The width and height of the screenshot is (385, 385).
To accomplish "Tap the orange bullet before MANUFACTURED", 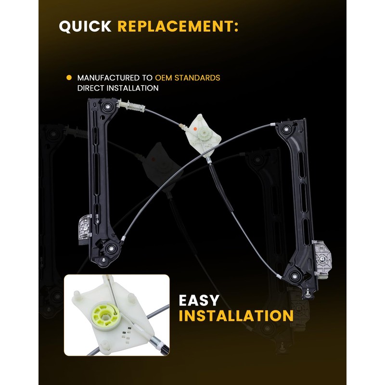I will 68,77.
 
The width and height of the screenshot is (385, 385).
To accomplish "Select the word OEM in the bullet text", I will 163,77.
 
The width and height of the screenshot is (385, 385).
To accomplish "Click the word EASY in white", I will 199,300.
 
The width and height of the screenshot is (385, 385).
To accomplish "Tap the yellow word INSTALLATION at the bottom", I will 236,316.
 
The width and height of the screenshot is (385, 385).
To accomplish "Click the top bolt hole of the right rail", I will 287,128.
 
